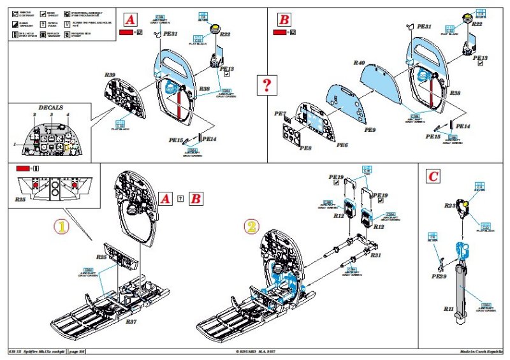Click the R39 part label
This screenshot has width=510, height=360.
(110, 75)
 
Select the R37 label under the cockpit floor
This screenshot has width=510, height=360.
(133, 322)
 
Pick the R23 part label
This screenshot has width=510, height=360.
(449, 205)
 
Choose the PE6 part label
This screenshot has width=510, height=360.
(342, 145)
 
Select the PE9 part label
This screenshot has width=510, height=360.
(370, 129)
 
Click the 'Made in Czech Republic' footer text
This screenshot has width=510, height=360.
(483, 352)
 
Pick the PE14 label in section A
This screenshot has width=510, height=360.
(209, 138)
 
